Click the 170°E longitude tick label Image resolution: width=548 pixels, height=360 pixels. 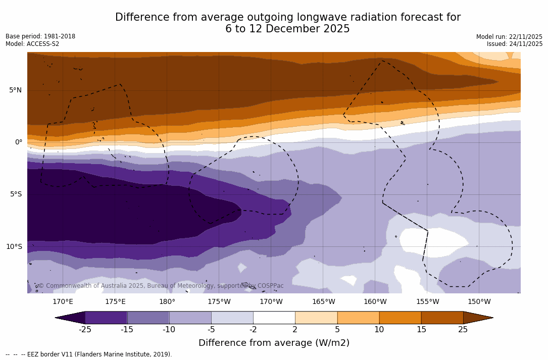tap(63, 302)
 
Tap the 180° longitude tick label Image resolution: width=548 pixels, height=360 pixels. tap(167, 302)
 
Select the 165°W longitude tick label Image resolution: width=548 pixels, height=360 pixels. tap(323, 302)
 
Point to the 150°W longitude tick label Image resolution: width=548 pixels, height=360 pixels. tap(479, 302)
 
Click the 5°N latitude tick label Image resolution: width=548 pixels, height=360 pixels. tap(15, 90)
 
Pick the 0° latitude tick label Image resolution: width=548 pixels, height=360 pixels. tap(19, 142)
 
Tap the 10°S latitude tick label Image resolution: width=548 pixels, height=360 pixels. tap(14, 247)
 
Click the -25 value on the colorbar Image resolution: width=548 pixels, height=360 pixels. tap(85, 330)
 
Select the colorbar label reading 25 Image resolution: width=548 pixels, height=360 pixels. tap(463, 330)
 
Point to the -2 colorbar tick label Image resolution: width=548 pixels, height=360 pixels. tap(253, 330)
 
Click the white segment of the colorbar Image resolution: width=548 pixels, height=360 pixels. tap(274, 318)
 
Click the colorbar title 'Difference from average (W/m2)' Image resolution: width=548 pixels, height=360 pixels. tap(274, 343)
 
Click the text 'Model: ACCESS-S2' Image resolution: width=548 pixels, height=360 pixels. tap(32, 44)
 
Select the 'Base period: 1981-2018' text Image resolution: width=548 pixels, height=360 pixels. tap(40, 36)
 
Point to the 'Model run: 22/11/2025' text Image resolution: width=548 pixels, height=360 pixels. tap(509, 37)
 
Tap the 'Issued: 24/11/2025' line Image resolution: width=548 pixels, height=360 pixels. tap(515, 44)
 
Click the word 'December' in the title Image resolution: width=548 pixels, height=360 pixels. tap(289, 29)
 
